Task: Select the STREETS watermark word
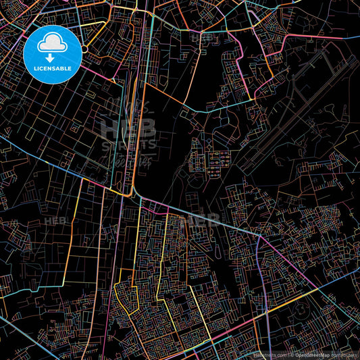(128, 143)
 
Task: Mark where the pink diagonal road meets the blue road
(259, 236)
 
